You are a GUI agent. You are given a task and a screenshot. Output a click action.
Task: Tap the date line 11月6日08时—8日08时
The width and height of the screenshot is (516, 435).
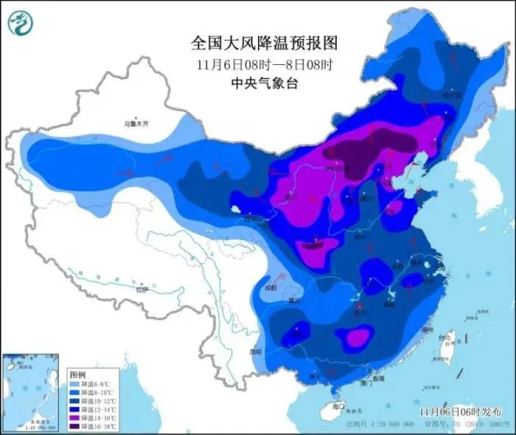click(257, 63)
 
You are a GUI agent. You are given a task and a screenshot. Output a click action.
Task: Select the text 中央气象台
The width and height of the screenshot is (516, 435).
click(257, 84)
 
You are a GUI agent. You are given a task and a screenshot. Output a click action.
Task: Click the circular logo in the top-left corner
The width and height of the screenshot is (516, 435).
click(21, 24)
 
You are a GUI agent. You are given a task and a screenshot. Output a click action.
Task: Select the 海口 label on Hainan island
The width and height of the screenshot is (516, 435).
click(338, 406)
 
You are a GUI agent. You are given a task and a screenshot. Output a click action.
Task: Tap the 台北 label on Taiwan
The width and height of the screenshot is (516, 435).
click(444, 338)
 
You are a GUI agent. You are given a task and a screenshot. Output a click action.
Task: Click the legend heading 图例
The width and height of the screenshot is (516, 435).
click(77, 375)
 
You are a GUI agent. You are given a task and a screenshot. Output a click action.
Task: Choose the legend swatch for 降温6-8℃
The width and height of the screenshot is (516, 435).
click(75, 384)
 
